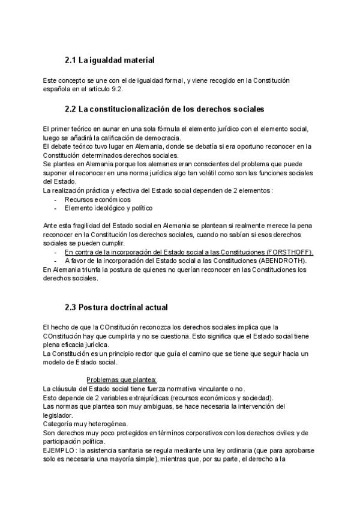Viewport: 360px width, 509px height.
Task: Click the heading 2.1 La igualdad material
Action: point(109,60)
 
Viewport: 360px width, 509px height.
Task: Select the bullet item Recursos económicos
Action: point(97,199)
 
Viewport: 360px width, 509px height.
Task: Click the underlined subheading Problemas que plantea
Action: point(122,379)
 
